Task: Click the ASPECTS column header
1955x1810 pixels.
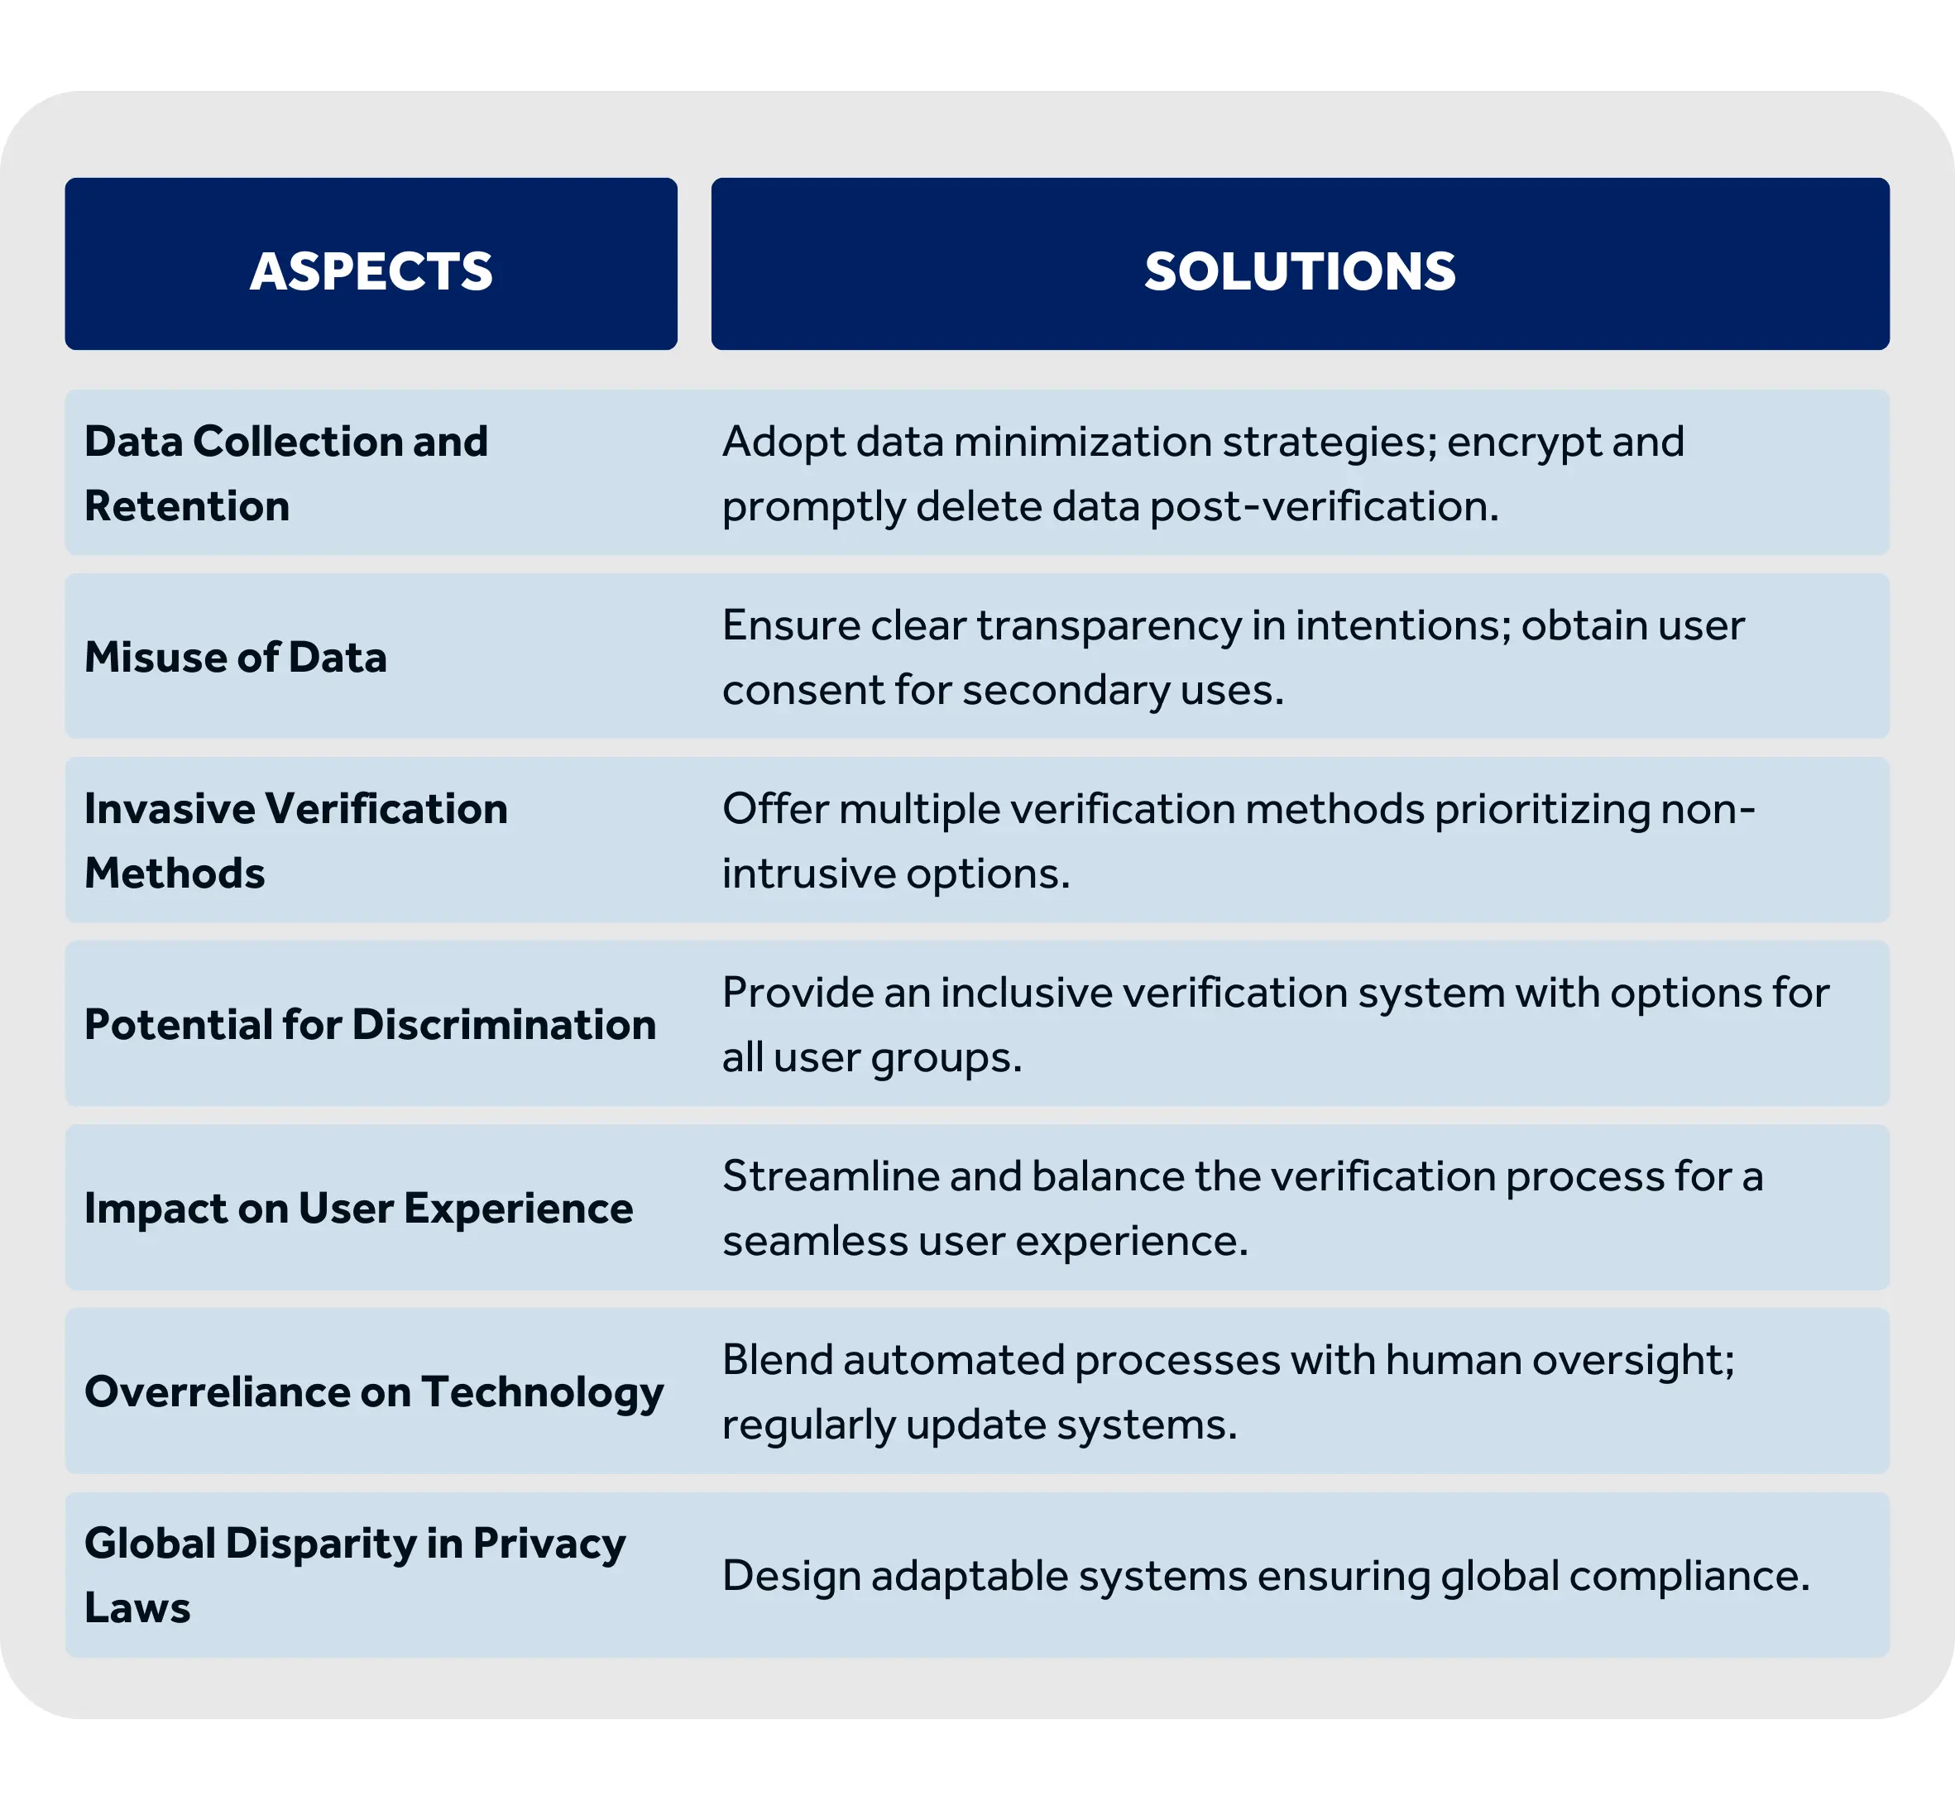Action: click(371, 271)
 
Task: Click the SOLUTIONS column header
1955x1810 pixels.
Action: click(1300, 271)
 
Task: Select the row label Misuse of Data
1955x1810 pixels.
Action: click(236, 656)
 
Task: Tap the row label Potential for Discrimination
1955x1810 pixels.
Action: click(371, 1024)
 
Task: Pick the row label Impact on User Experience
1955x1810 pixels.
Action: click(358, 1209)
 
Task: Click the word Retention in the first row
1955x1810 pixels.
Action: click(187, 506)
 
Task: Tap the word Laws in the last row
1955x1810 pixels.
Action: click(137, 1608)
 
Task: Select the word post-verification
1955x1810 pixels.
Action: click(1325, 507)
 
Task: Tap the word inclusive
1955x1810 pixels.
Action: click(1026, 994)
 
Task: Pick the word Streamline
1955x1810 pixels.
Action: click(831, 1176)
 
